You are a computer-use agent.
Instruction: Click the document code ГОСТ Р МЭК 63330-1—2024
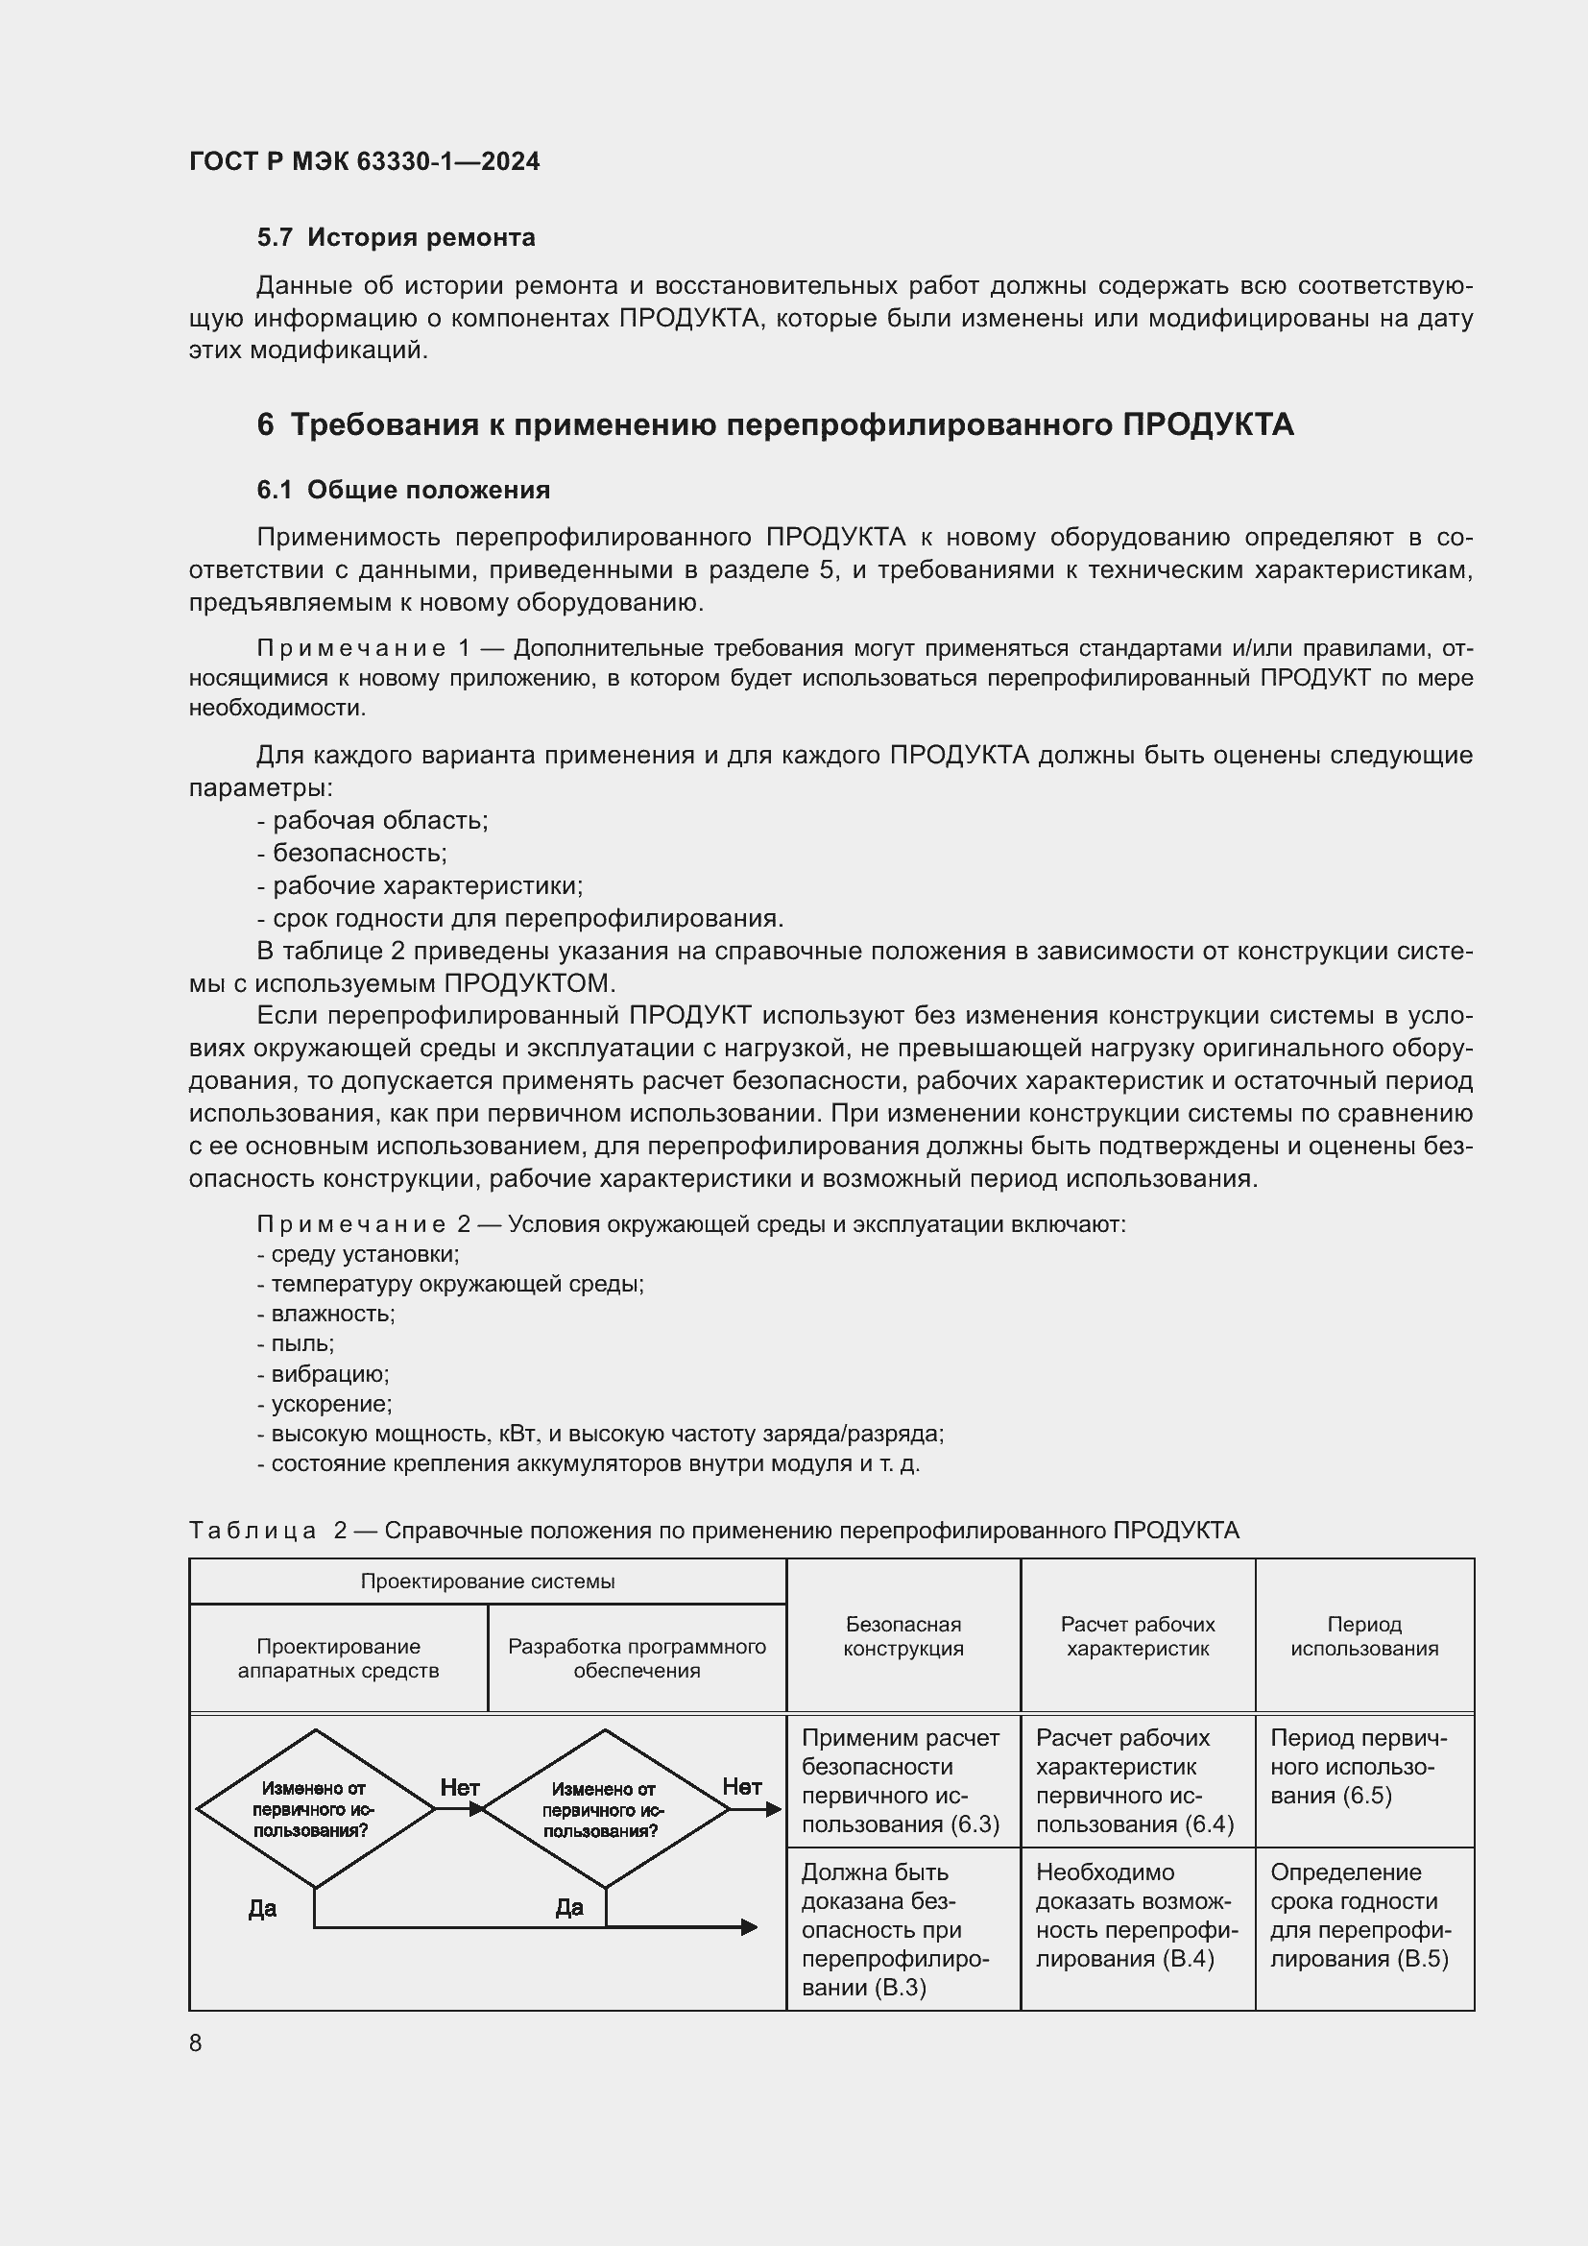pos(364,161)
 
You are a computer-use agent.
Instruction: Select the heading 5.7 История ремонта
pos(396,238)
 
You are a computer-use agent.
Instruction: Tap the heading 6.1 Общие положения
pos(403,490)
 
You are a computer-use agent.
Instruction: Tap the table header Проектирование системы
pos(487,1582)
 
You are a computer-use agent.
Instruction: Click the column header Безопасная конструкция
pos(902,1636)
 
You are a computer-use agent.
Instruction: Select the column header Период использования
pos(1364,1636)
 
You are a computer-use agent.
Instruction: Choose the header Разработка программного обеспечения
pos(637,1658)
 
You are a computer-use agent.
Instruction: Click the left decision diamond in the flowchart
pos(315,1809)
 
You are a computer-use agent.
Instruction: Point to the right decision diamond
pos(605,1809)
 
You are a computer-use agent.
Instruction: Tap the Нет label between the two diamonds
pos(460,1787)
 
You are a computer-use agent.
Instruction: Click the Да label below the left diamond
pos(262,1909)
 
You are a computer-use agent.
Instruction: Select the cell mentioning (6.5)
pos(1364,1767)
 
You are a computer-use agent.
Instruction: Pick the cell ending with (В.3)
pos(902,1929)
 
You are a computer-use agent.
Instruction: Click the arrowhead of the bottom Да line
pos(749,1927)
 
